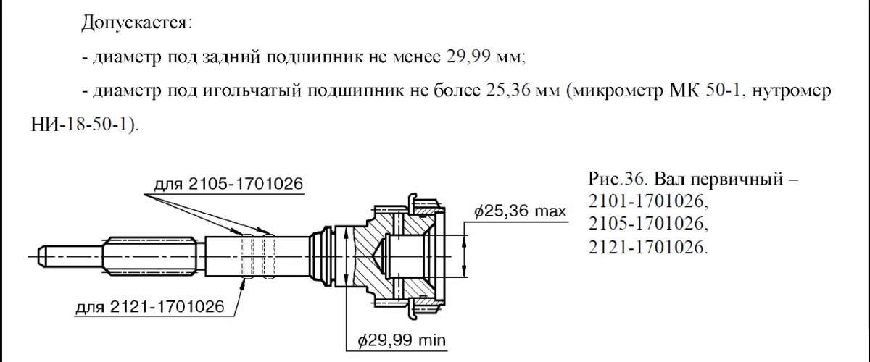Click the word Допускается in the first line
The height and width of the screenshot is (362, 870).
136,23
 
